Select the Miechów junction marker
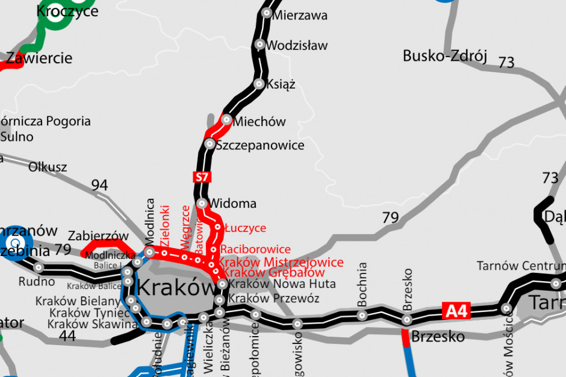point(227,120)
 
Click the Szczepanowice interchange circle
point(210,144)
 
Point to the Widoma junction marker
point(202,204)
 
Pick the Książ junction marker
point(259,84)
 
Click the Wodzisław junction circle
point(260,44)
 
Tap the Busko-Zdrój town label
point(444,57)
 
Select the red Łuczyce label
point(245,228)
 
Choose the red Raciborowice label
point(255,249)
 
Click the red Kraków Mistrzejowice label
point(281,262)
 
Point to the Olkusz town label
point(48,167)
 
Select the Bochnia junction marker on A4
point(362,315)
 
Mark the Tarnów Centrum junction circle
point(554,282)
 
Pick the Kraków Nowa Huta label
point(275,284)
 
